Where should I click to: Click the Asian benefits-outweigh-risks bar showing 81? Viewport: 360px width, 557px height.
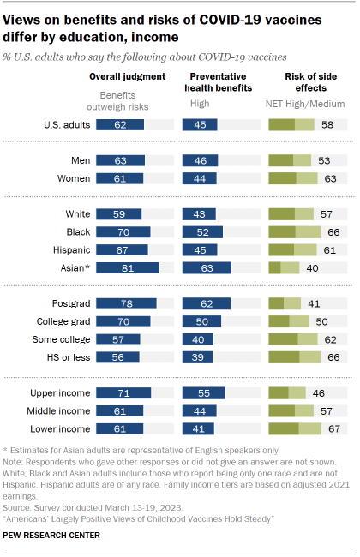click(128, 267)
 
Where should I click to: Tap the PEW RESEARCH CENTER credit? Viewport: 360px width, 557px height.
click(51, 536)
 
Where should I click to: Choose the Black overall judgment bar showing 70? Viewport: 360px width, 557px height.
click(123, 231)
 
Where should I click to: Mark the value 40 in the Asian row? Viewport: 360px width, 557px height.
click(312, 267)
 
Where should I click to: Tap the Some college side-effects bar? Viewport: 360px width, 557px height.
click(294, 338)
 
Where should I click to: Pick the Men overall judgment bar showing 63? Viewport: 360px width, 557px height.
click(122, 160)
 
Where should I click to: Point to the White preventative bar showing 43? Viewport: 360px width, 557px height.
click(197, 213)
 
